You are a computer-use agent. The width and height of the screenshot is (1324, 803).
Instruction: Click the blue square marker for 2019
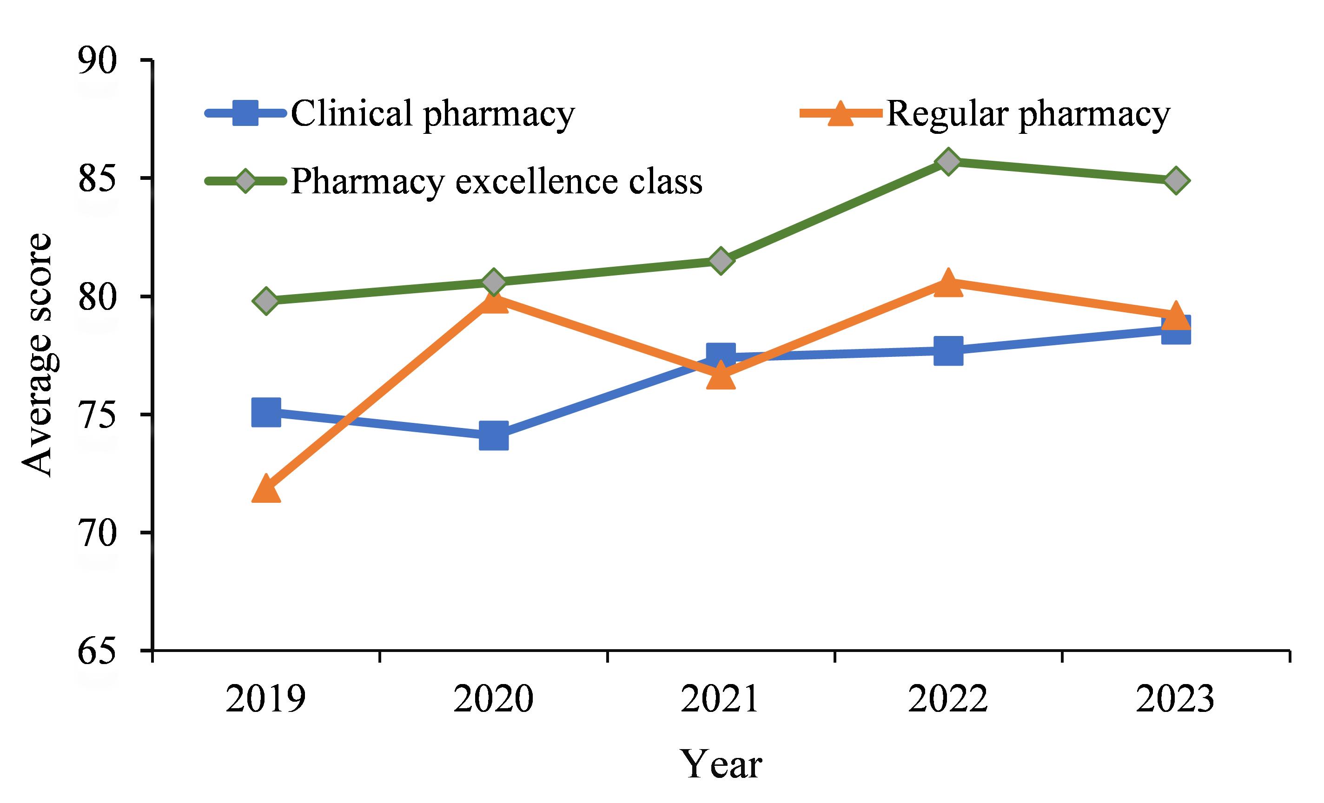point(266,413)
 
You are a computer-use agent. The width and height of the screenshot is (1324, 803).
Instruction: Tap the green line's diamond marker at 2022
point(948,161)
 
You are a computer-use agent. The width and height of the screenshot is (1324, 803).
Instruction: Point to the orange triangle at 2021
point(721,375)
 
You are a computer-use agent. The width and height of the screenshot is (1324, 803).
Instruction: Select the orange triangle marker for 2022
point(948,282)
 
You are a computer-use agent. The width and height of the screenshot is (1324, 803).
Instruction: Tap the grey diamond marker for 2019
point(266,300)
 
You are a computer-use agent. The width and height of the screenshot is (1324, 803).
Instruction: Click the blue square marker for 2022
point(948,351)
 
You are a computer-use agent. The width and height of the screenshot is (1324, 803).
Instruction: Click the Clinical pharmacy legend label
point(432,114)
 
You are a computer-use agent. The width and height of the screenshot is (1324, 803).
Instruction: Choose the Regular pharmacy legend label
point(1028,114)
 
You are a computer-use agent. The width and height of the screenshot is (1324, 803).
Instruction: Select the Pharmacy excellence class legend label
point(496,182)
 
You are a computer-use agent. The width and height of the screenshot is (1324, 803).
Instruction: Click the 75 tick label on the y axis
point(98,415)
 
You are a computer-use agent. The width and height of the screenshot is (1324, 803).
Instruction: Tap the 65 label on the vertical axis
point(98,651)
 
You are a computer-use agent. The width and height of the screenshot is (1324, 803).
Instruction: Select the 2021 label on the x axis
point(721,699)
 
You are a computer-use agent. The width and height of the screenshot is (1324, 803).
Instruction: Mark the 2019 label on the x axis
point(266,699)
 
